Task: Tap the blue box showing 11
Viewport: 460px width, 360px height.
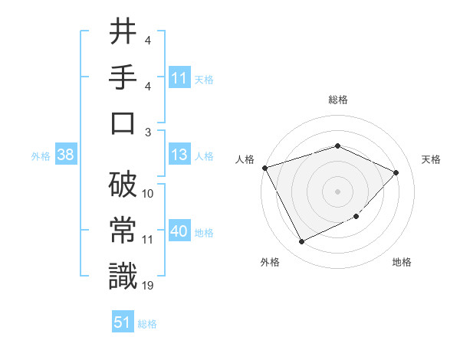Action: click(179, 78)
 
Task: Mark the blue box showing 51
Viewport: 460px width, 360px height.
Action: click(123, 322)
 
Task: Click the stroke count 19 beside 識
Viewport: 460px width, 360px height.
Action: click(148, 285)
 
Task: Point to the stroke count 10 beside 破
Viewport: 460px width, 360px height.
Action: click(148, 194)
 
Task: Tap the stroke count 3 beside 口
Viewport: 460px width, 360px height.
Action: click(148, 132)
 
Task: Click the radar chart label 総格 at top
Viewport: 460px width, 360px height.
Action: click(337, 100)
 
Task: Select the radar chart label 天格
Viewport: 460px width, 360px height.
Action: click(431, 159)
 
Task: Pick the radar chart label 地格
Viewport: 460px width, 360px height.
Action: click(401, 262)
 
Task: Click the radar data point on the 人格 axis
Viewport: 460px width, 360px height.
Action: click(265, 168)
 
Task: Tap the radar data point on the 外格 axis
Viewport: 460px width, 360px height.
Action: click(301, 242)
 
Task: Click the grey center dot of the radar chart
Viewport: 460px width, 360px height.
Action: click(337, 191)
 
